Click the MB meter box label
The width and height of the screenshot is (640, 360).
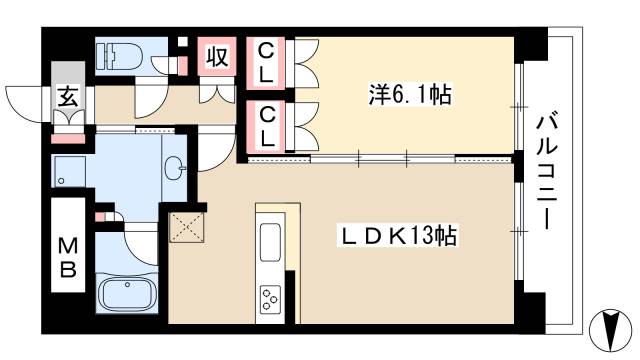click(x=67, y=257)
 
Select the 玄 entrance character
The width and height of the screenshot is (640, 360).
click(x=68, y=97)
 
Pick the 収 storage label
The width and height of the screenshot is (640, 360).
click(x=216, y=57)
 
